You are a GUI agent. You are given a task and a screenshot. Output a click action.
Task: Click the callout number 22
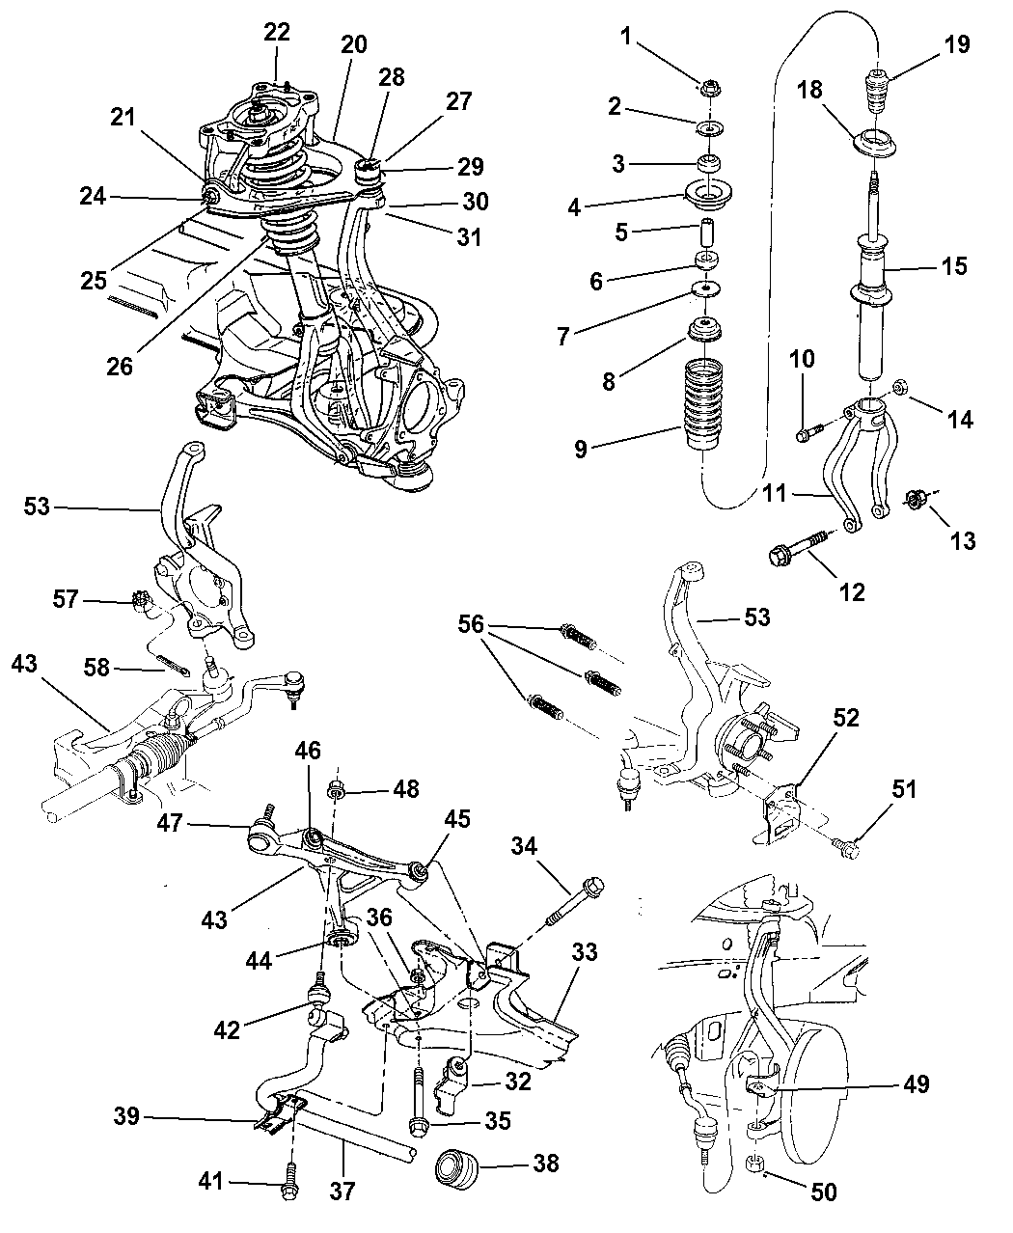point(277,31)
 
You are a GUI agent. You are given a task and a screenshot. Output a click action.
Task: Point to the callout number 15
point(954,266)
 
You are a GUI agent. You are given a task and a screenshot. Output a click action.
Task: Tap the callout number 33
point(584,954)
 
